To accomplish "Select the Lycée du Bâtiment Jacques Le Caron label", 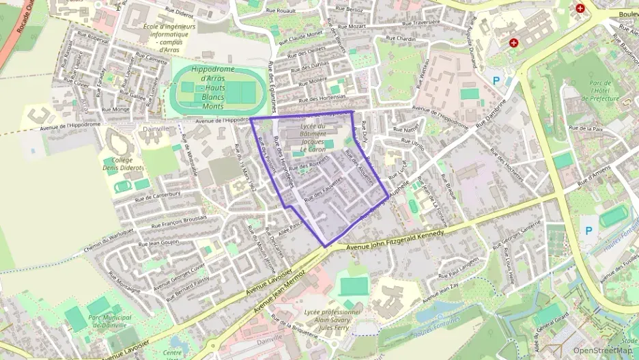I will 313,137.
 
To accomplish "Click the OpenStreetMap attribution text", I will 602,350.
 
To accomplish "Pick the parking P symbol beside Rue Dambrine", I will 496,81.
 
